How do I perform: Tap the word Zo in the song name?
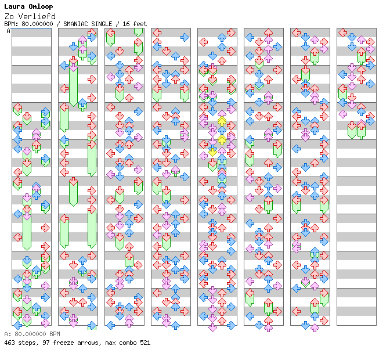click(x=8, y=16)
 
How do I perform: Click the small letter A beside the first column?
click(x=8, y=31)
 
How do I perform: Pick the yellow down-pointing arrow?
click(x=212, y=152)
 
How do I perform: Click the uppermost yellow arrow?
click(x=222, y=121)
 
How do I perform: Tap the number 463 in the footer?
click(x=9, y=343)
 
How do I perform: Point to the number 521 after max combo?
click(x=145, y=343)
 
